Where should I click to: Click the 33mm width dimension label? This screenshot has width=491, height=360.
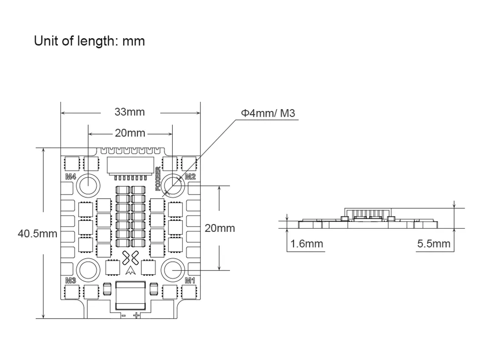[130, 112]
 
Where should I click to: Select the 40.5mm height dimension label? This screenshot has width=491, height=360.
[37, 234]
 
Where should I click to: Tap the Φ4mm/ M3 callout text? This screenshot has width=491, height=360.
[268, 113]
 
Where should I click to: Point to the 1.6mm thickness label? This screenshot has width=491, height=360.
[307, 244]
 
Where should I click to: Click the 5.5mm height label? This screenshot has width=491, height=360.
[434, 244]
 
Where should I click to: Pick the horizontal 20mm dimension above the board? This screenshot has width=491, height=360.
[130, 133]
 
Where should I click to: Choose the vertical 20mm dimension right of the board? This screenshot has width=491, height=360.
[220, 228]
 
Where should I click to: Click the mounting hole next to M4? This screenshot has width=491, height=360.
[88, 184]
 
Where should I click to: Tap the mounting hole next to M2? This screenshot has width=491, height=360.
[173, 184]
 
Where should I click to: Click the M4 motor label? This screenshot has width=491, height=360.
[70, 176]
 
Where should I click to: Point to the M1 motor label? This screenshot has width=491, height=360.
[190, 280]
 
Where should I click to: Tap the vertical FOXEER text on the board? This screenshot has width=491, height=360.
[158, 179]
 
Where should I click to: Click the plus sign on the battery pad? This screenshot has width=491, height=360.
[136, 315]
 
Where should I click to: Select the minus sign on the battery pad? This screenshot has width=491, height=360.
[123, 315]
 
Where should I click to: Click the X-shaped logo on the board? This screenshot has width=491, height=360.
[130, 259]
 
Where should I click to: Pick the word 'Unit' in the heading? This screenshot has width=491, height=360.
[46, 41]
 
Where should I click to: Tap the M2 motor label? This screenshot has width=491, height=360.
[190, 176]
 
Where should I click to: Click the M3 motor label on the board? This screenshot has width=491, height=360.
[70, 280]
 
